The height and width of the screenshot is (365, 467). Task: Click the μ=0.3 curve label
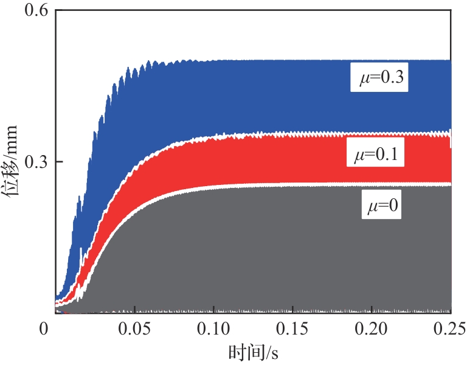pyautogui.click(x=379, y=78)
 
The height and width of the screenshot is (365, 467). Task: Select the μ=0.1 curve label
pyautogui.click(x=375, y=155)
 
